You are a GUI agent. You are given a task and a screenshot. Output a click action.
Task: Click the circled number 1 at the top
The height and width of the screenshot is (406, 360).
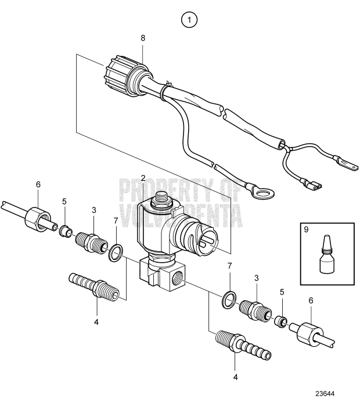click(x=189, y=20)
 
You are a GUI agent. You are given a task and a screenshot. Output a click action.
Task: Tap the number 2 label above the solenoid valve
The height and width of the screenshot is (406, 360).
click(x=143, y=176)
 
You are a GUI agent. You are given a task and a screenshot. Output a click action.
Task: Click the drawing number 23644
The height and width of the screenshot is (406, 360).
click(x=337, y=391)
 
